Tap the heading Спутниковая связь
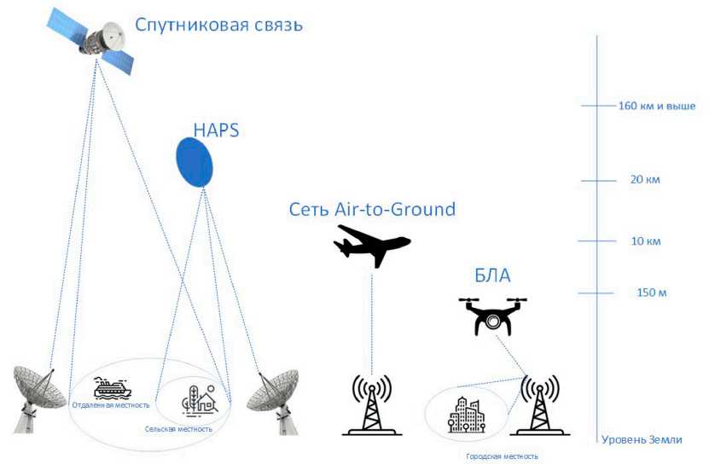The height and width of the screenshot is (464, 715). tap(219, 25)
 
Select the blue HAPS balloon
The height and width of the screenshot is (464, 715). tap(195, 162)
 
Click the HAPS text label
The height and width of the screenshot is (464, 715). tap(216, 130)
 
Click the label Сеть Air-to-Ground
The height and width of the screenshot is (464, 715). tap(372, 209)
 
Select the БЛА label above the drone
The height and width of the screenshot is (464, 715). tap(492, 275)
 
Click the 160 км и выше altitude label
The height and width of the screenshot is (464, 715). tap(657, 107)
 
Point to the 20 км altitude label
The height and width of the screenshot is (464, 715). tap(645, 180)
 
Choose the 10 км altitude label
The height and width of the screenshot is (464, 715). tap(645, 241)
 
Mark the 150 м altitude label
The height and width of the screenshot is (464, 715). tap(651, 293)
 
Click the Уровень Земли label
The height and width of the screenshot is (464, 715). tap(642, 440)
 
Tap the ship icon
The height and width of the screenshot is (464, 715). tap(112, 387)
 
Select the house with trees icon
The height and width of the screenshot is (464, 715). tap(200, 400)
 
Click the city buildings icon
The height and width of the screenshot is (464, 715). tap(467, 415)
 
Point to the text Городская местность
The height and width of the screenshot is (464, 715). tap(502, 456)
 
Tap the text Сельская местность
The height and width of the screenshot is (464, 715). tap(178, 429)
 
